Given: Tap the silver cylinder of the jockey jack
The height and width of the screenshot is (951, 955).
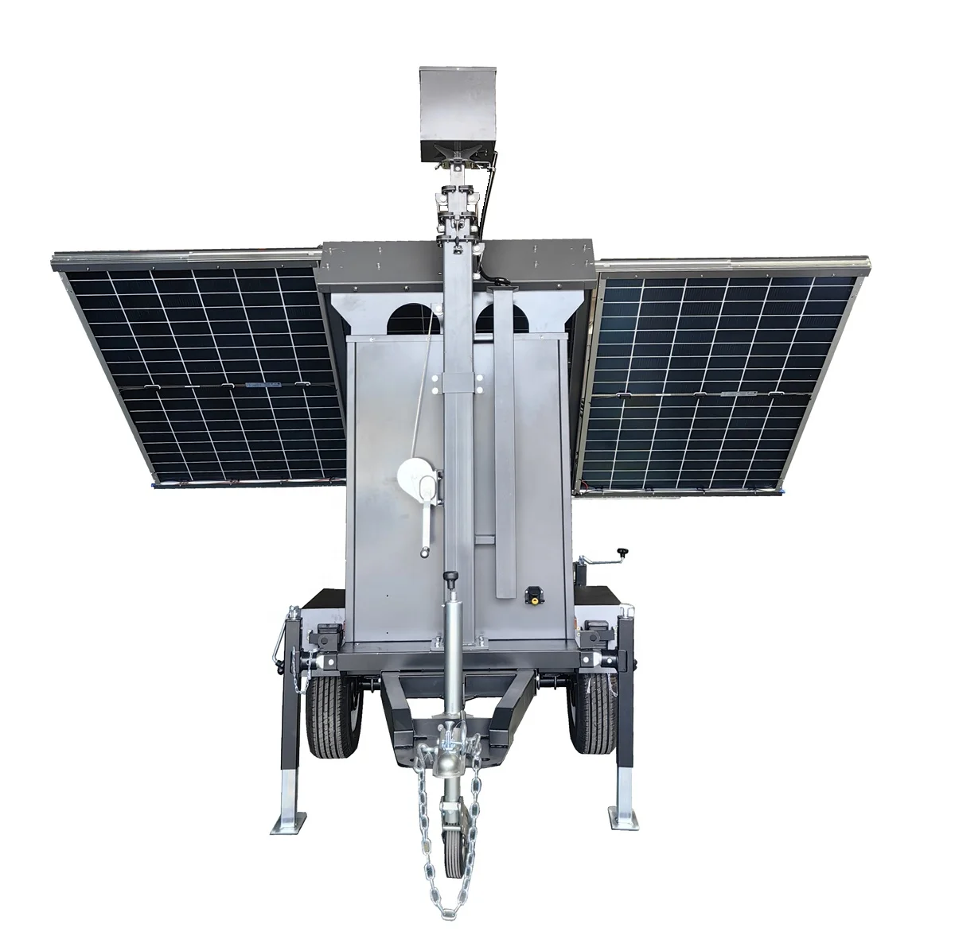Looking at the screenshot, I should pyautogui.click(x=451, y=636).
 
